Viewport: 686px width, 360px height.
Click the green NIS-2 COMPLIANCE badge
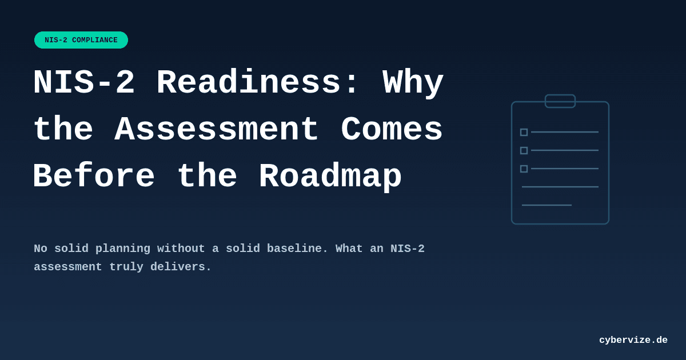tap(81, 40)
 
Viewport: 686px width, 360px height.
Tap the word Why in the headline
tap(413, 83)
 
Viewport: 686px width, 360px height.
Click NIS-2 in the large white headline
tap(84, 83)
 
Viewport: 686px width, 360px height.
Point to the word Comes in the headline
tap(392, 130)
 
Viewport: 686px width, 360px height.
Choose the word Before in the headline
tap(94, 177)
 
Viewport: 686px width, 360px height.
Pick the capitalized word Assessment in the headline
tap(217, 130)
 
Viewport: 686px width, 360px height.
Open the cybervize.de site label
tap(633, 340)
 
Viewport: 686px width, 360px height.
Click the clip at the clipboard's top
tap(560, 101)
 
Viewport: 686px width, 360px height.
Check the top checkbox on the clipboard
tap(524, 132)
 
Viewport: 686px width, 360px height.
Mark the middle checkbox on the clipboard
tap(524, 150)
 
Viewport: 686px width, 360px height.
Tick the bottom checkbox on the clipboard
tap(524, 169)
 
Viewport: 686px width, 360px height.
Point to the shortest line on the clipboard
tap(547, 205)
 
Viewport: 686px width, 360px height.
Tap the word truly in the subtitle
tap(126, 267)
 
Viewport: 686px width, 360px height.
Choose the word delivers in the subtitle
tap(181, 267)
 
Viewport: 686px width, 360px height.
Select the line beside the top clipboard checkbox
tap(565, 132)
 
